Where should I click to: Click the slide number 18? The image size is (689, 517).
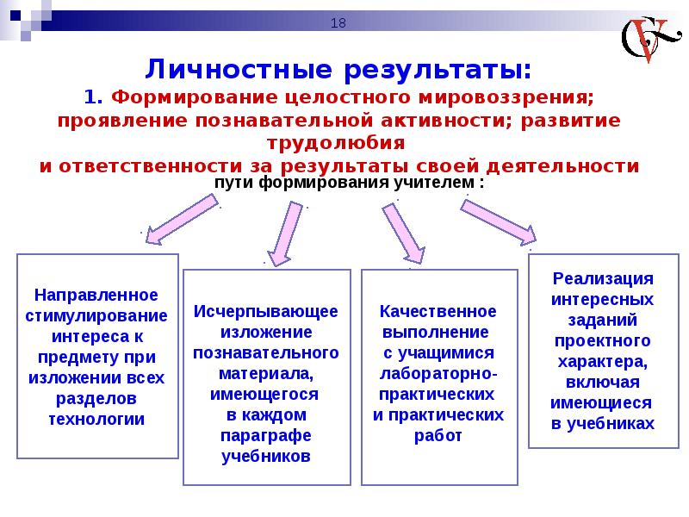tap(338, 23)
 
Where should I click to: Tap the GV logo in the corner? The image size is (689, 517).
tap(650, 40)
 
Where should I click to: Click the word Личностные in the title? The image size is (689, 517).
tap(239, 70)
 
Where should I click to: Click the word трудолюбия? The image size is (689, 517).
tap(336, 143)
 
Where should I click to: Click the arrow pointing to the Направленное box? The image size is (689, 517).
tap(182, 220)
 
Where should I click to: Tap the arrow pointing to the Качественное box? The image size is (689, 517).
tap(403, 234)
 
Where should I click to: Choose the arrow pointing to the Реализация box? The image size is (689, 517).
tap(499, 222)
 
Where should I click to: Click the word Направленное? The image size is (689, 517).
tap(96, 295)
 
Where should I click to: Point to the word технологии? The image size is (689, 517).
tap(96, 419)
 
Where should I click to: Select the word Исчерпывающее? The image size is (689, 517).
tap(266, 312)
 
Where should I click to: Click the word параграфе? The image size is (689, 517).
tap(266, 436)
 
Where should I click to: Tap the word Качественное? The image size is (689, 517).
tap(438, 312)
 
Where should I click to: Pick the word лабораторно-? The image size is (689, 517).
tap(438, 374)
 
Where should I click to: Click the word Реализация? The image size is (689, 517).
tap(603, 278)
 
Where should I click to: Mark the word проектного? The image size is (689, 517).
tap(603, 341)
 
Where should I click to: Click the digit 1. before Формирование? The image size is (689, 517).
tap(93, 97)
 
